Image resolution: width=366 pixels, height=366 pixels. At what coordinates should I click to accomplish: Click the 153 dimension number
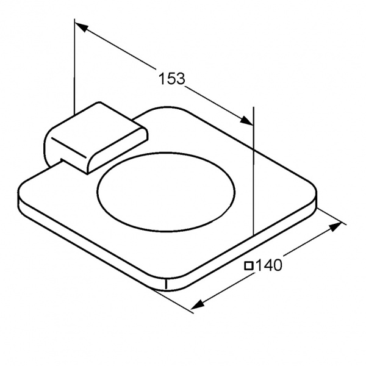[x=172, y=79]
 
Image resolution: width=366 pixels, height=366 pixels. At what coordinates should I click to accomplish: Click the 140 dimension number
[x=268, y=265]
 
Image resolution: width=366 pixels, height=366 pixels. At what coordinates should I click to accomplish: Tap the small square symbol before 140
[x=249, y=266]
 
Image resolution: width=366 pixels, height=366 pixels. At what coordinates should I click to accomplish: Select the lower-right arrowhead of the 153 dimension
[x=247, y=120]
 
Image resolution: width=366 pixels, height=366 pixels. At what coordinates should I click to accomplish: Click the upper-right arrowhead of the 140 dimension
[x=335, y=227]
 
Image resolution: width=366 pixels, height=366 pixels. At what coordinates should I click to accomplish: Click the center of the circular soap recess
[x=166, y=193]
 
